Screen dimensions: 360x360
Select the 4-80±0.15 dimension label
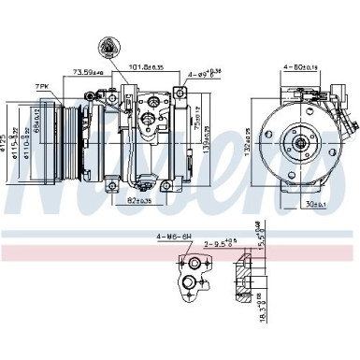coord(300,66)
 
